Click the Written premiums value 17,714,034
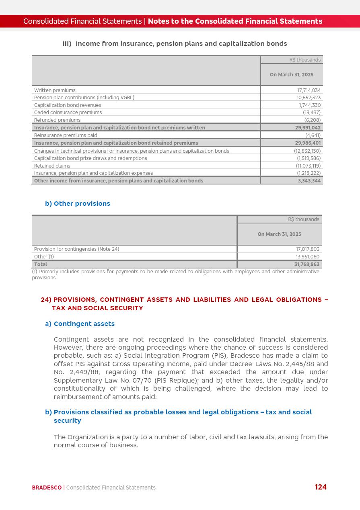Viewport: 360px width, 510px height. [309, 90]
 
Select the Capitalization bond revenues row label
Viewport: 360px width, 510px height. [68, 105]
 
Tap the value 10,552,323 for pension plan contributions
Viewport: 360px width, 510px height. [309, 98]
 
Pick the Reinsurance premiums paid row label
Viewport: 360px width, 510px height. [66, 135]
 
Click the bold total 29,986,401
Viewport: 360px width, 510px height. [308, 143]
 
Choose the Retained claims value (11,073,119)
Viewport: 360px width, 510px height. [308, 166]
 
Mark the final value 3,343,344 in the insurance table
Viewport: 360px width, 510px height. [309, 181]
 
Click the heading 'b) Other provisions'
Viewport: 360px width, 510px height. [78, 204]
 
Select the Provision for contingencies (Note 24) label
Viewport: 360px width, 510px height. [76, 249]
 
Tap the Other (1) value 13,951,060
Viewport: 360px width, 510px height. [307, 257]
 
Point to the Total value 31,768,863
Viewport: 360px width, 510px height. [307, 264]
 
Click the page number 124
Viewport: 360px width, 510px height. [321, 487]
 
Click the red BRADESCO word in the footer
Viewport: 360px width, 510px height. [47, 487]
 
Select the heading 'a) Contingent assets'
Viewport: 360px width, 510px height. [80, 324]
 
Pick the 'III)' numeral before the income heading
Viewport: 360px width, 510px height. [67, 44]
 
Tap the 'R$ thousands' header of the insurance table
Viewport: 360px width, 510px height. [305, 60]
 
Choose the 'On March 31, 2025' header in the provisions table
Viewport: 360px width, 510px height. [279, 234]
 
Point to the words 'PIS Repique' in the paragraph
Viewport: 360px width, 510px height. [176, 380]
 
